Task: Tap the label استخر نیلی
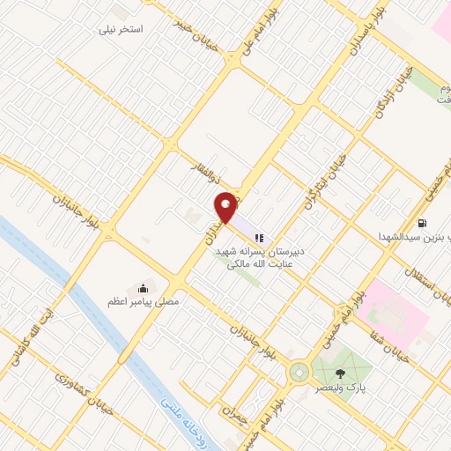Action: (x=123, y=29)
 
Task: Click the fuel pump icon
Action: (x=424, y=223)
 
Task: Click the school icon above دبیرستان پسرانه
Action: (x=260, y=236)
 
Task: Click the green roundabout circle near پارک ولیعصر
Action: (x=300, y=373)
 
